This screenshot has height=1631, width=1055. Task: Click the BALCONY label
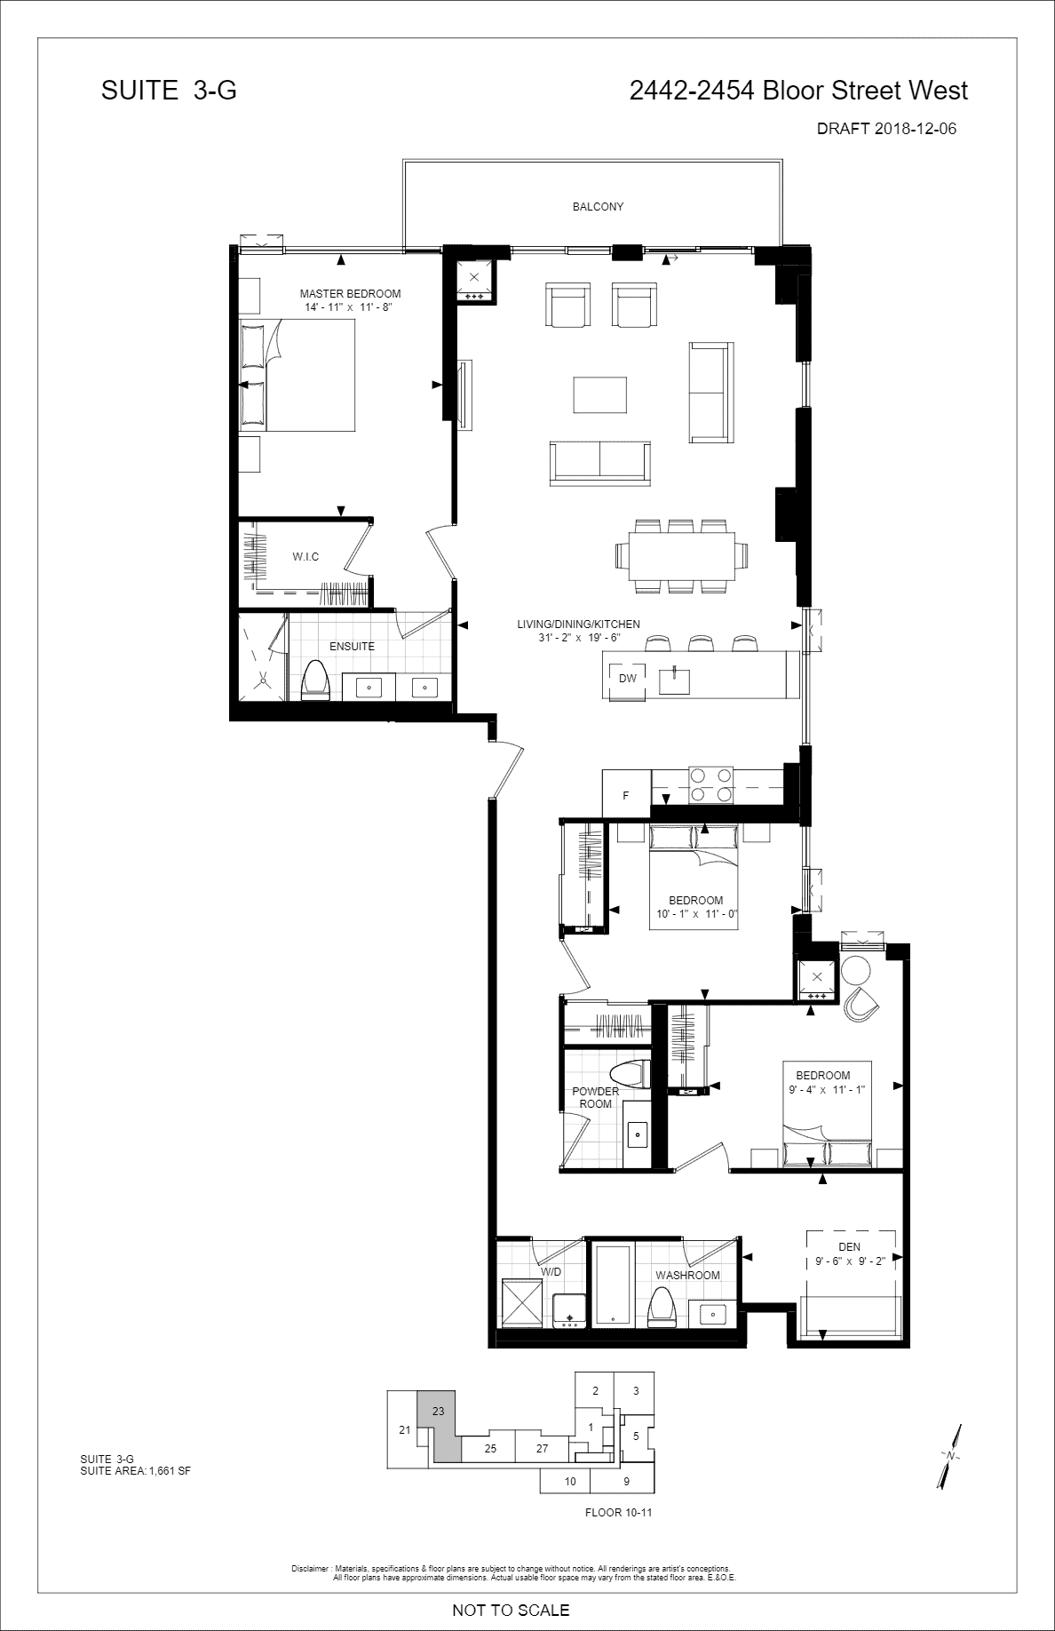[x=598, y=207]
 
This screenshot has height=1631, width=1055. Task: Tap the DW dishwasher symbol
[x=628, y=679]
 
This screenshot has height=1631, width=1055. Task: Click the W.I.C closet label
[x=305, y=557]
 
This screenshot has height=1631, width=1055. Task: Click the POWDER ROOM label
[x=595, y=1097]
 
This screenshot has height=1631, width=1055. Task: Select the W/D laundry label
[x=551, y=1272]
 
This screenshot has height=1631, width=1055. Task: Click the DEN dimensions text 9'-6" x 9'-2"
[x=850, y=1261]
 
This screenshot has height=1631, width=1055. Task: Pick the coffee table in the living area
[x=600, y=394]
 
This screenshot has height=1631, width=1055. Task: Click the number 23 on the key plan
[x=438, y=1411]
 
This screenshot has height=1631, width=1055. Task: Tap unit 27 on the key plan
[x=543, y=1448]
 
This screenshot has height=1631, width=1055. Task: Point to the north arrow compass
[x=950, y=1456]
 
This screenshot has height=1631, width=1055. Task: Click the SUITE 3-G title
[x=169, y=91]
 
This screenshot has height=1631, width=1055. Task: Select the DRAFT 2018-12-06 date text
[x=886, y=129]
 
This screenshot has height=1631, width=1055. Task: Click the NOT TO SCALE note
[x=511, y=1610]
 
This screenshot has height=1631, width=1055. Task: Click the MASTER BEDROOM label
[x=350, y=294]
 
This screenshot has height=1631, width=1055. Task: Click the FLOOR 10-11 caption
[x=619, y=1512]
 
